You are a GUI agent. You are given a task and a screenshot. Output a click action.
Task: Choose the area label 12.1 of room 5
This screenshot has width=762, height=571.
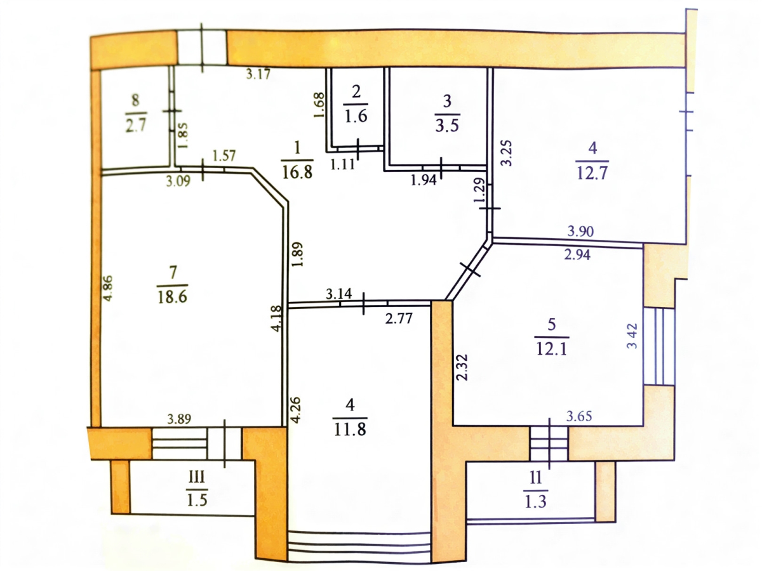pyautogui.click(x=551, y=350)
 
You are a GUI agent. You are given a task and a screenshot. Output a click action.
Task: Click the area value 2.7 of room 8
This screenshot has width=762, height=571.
pyautogui.click(x=136, y=124)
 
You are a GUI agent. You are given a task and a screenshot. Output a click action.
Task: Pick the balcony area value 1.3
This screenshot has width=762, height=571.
pyautogui.click(x=535, y=502)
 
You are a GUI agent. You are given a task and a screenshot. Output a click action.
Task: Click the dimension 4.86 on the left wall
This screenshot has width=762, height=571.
pyautogui.click(x=108, y=287)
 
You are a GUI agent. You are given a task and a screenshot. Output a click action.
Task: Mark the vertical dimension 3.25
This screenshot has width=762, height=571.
pyautogui.click(x=507, y=153)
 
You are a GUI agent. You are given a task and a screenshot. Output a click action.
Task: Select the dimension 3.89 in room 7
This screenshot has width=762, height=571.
pyautogui.click(x=180, y=419)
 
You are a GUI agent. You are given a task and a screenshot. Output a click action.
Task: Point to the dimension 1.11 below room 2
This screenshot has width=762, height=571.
pyautogui.click(x=345, y=163)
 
